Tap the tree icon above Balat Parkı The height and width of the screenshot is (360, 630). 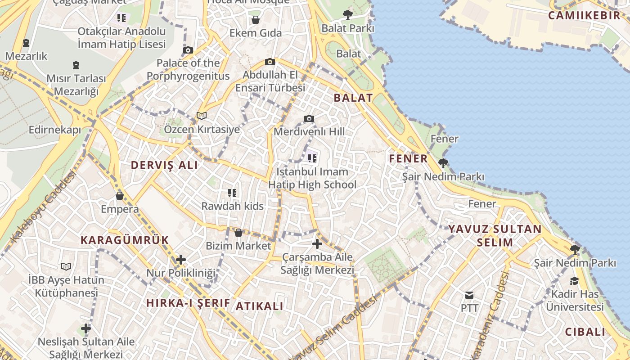[347, 15]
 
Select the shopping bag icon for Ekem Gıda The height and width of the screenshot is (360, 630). [255, 20]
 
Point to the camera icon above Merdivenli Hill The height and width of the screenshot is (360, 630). [309, 118]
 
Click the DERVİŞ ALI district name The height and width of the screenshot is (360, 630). [164, 165]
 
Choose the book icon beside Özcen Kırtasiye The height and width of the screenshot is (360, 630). [202, 116]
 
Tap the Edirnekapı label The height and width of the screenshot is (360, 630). [54, 130]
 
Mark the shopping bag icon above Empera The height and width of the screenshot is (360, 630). [120, 196]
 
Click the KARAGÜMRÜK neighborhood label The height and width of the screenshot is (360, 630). [125, 240]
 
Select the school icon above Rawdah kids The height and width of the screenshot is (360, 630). [232, 193]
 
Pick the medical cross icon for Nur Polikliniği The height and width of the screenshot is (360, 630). [181, 260]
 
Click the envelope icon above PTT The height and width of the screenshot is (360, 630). [469, 295]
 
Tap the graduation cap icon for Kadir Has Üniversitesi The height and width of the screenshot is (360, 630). [575, 281]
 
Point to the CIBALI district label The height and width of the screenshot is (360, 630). [585, 332]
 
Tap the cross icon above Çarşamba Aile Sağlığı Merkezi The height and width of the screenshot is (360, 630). [317, 244]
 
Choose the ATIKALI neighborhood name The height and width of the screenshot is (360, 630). [260, 306]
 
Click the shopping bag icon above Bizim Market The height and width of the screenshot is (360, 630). [238, 233]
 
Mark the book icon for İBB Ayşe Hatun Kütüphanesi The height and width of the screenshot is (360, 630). [66, 266]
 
